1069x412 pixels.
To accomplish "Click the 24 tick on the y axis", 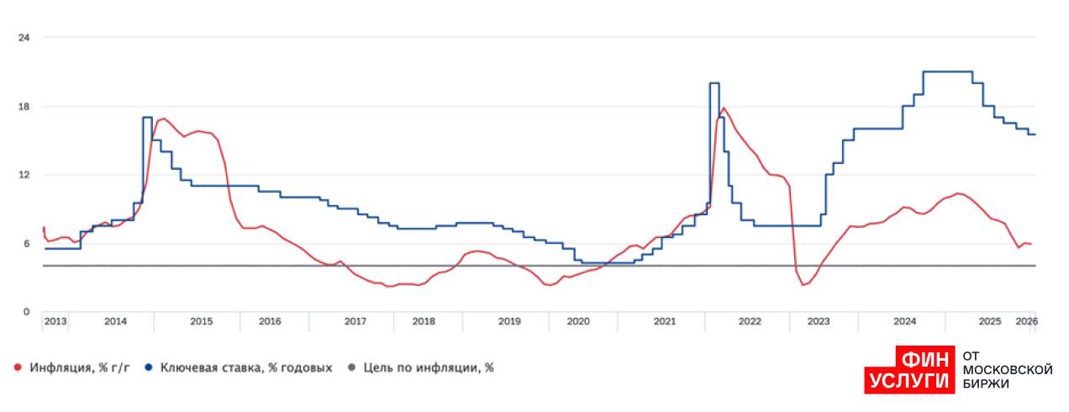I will pos(24,38).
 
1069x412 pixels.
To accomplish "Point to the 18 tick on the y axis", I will pos(24,107).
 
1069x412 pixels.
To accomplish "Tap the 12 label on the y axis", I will pos(24,175).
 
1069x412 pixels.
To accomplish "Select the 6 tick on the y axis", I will pos(26,244).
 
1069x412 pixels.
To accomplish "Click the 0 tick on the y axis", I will pos(26,312).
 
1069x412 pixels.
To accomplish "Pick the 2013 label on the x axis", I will pos(55,322).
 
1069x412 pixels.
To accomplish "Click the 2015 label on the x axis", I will pos(202,322).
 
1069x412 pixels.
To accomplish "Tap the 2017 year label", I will pos(355,322).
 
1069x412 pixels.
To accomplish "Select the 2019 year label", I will pos(509,322).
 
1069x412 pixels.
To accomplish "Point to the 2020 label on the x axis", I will pos(578,322).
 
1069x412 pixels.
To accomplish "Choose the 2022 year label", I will pos(750,322).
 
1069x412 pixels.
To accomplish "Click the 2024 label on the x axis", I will pos(904,322).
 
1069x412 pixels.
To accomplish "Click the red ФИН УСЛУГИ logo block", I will pos(910,370).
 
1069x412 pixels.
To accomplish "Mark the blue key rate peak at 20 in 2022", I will pos(714,83).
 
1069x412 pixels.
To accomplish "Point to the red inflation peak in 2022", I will pos(724,108).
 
